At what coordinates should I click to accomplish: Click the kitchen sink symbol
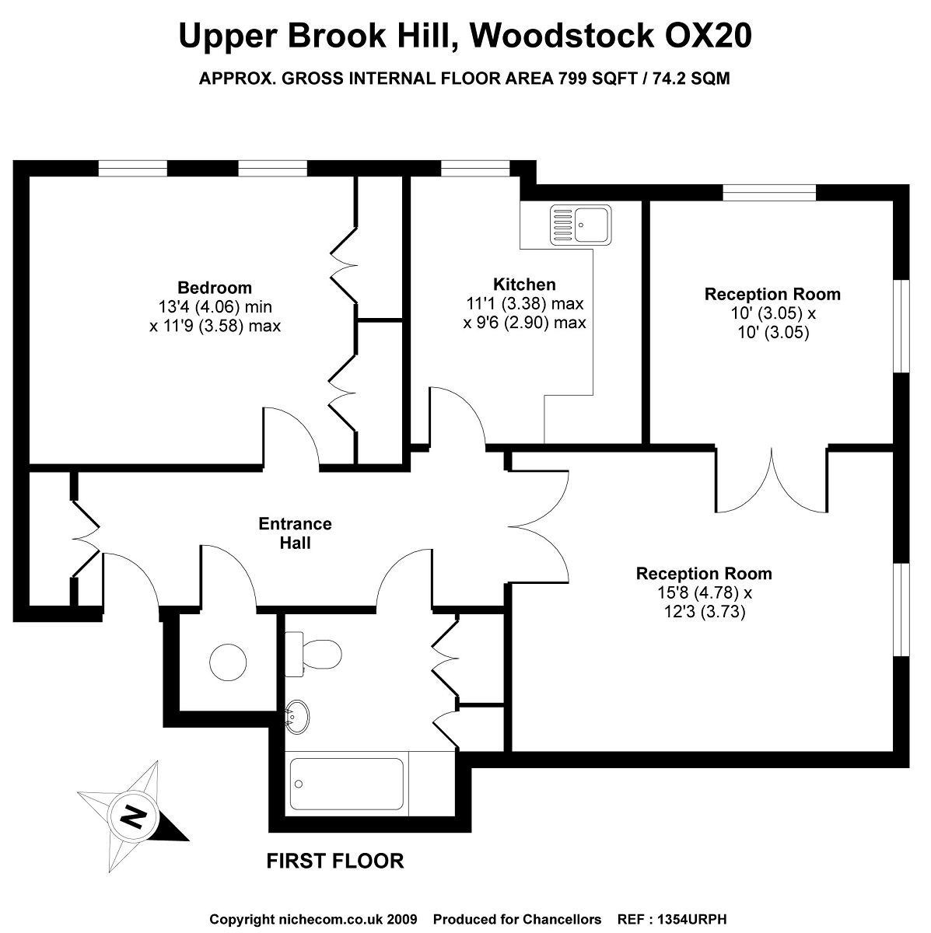click(x=580, y=224)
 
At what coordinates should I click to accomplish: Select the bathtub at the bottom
click(x=346, y=783)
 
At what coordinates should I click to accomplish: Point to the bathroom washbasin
click(x=297, y=716)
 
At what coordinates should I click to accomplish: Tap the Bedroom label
click(x=215, y=288)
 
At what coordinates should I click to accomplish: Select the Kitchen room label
click(x=524, y=285)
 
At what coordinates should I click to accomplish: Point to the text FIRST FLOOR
click(x=335, y=861)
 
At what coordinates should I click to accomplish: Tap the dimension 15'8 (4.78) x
click(x=704, y=593)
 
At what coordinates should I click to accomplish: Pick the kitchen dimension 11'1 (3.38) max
click(x=524, y=303)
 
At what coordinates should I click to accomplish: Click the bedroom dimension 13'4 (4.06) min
click(x=215, y=306)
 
